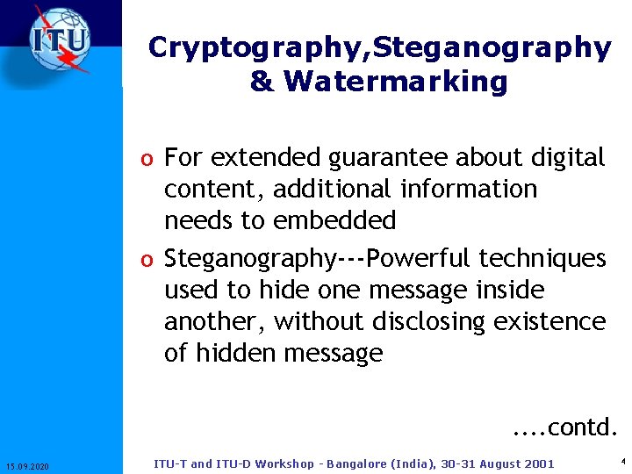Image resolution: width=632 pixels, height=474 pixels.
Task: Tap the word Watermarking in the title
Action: (396, 82)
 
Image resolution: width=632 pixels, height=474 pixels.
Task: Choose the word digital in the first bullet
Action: (568, 158)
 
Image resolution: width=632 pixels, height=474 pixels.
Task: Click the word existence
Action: (549, 322)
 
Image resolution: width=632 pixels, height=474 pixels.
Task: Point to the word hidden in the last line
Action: (235, 353)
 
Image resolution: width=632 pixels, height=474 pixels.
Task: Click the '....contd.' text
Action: (565, 427)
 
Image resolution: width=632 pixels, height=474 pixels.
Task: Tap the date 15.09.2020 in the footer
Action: (27, 465)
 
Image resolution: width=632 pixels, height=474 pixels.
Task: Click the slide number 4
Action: (621, 461)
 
